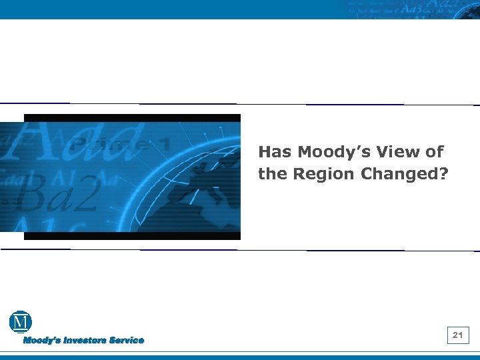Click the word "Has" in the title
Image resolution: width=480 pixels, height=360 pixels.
click(x=273, y=152)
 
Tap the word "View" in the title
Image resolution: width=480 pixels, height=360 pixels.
click(x=393, y=152)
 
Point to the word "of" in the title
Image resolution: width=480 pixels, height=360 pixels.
click(x=435, y=152)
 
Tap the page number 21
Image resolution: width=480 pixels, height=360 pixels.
click(x=458, y=335)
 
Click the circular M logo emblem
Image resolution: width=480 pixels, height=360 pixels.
click(x=20, y=322)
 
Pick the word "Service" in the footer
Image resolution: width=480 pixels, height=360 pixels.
click(x=127, y=341)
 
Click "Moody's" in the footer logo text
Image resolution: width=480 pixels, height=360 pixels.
click(x=43, y=341)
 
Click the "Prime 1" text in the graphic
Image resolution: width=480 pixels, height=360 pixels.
click(x=120, y=143)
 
